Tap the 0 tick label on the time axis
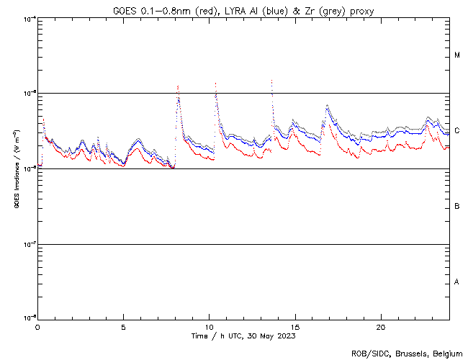[x=37, y=326]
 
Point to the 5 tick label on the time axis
[x=123, y=326]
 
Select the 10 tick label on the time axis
[x=209, y=326]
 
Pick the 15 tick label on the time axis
[x=294, y=326]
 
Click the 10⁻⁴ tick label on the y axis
[x=30, y=18]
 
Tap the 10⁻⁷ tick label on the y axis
[x=30, y=244]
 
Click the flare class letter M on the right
[x=457, y=55]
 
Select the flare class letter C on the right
[x=457, y=131]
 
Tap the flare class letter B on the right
[x=457, y=207]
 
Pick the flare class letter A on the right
[x=457, y=282]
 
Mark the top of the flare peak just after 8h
[x=178, y=85]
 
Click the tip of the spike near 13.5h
[x=271, y=80]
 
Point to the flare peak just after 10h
[x=216, y=83]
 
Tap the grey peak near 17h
[x=328, y=106]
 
